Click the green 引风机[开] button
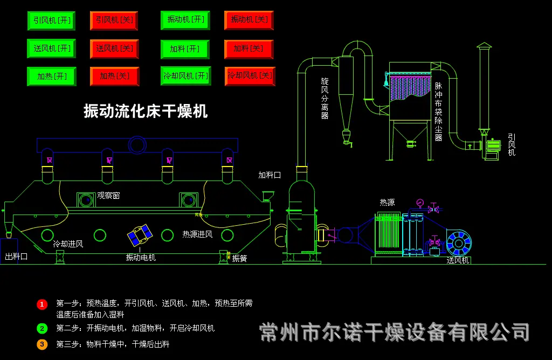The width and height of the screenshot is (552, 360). point(51,20)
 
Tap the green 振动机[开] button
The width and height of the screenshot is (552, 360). point(185,20)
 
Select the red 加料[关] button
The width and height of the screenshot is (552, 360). point(249,49)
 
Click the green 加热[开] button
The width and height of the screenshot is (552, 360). point(51,77)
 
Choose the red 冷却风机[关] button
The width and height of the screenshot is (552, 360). point(250,75)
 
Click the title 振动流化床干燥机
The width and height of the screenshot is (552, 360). point(146,111)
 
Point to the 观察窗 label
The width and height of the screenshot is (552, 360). point(108,196)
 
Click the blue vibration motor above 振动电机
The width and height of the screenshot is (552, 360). point(140,235)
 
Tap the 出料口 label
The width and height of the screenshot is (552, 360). point(16,257)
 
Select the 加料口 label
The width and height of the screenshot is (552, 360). point(270,175)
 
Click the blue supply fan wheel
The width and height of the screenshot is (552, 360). point(459,243)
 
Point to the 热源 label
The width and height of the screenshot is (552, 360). point(387,202)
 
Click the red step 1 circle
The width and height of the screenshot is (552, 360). point(42,304)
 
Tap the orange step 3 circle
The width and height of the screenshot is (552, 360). point(42,344)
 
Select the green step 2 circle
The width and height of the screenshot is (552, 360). point(42,328)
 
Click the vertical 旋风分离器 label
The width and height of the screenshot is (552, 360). point(325,99)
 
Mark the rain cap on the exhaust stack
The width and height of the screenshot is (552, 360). point(484,46)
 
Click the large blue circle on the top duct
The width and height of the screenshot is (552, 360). point(137,145)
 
